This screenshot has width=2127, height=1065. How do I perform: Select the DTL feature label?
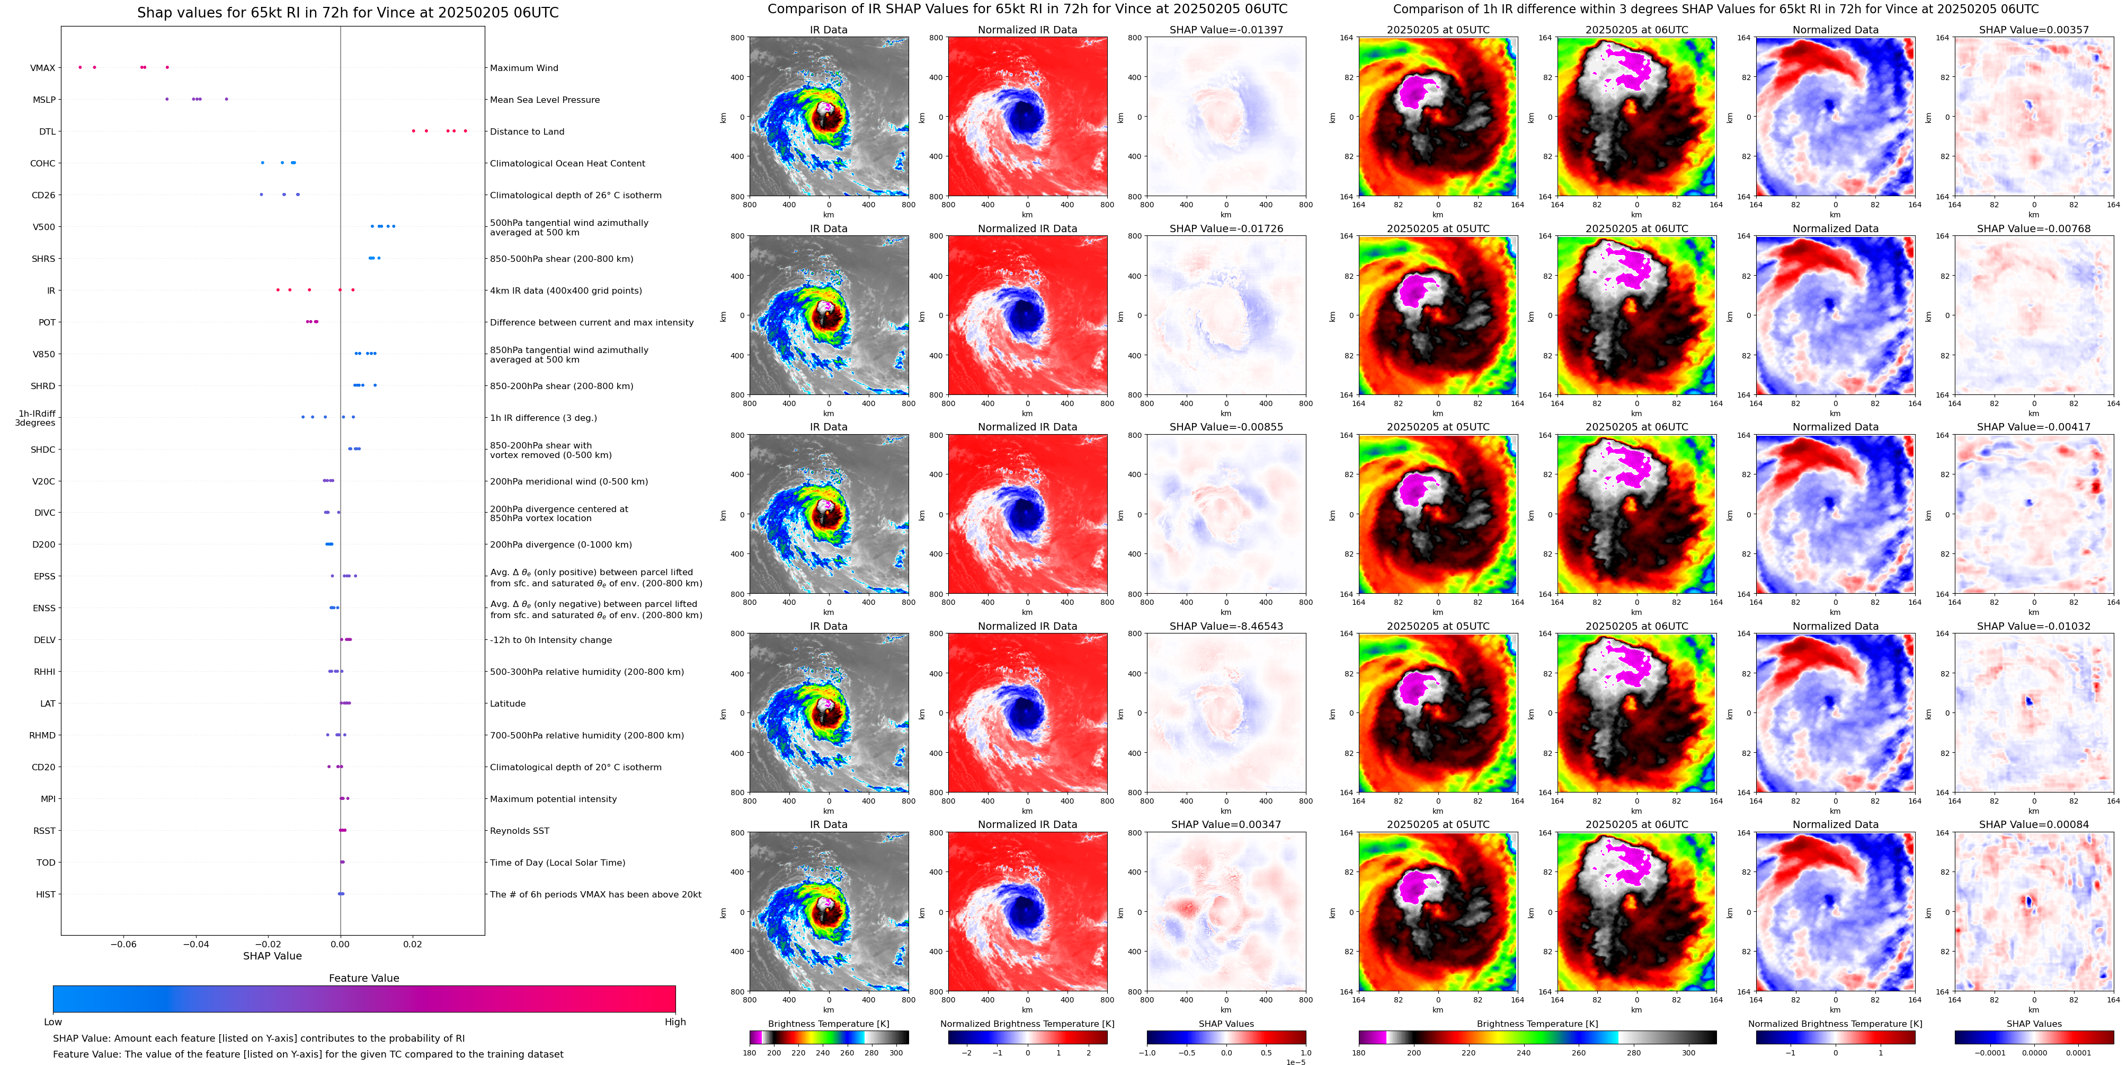click(47, 131)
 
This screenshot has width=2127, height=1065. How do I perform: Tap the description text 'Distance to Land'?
click(527, 131)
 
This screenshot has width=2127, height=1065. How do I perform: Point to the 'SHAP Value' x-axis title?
click(272, 956)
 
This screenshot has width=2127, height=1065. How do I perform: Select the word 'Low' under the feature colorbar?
click(53, 1022)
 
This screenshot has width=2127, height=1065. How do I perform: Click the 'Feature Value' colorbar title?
click(363, 978)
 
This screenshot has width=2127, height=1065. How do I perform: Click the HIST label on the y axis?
click(46, 894)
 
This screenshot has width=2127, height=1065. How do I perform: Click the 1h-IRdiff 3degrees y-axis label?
click(37, 418)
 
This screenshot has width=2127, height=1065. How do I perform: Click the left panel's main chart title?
click(348, 12)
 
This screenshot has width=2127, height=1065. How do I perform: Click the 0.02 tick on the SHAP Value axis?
click(412, 944)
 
